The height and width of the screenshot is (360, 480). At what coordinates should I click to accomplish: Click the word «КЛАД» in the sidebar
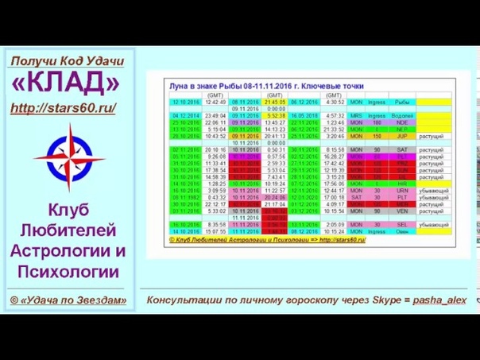pyautogui.click(x=66, y=83)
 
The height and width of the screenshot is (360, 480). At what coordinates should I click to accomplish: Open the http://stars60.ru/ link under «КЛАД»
pyautogui.click(x=64, y=106)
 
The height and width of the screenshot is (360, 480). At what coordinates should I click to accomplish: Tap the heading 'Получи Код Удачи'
pyautogui.click(x=67, y=61)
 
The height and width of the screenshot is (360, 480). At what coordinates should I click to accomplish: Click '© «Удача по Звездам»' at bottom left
pyautogui.click(x=68, y=300)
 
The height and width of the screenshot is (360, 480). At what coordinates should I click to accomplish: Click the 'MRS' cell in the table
pyautogui.click(x=356, y=115)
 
